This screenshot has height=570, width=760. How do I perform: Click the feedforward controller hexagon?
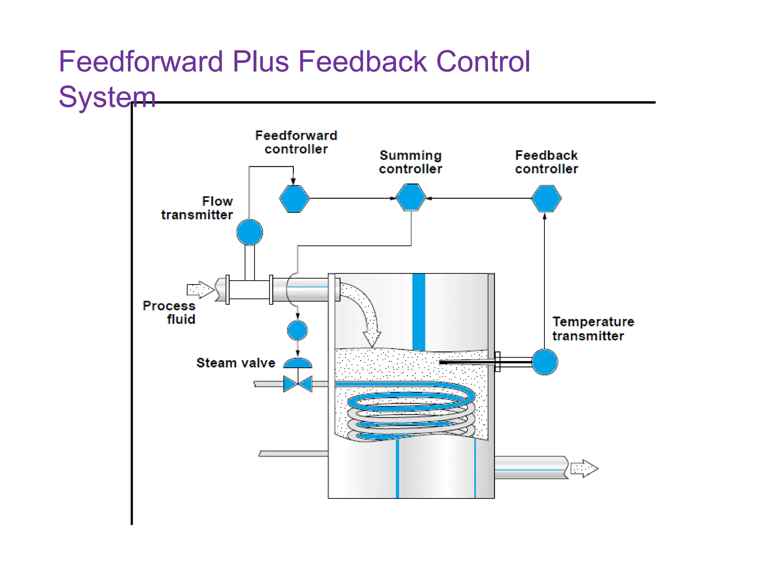click(294, 199)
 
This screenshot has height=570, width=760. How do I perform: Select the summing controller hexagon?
click(411, 198)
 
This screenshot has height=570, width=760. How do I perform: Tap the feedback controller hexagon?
click(546, 199)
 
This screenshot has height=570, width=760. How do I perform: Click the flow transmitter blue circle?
click(249, 232)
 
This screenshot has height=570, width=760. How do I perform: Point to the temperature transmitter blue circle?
click(544, 362)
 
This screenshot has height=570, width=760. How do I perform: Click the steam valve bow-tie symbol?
click(298, 384)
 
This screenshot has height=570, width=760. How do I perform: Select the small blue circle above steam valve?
click(297, 330)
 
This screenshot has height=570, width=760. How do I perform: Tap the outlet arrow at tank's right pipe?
click(584, 468)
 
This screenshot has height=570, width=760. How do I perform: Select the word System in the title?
click(107, 97)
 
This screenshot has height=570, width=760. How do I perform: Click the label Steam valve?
click(236, 363)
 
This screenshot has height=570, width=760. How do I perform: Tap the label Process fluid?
click(170, 312)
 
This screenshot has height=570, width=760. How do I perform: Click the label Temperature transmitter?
click(593, 329)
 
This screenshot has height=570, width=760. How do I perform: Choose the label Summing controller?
click(410, 162)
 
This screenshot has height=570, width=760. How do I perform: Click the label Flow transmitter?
click(197, 208)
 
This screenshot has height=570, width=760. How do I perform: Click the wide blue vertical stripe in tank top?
click(419, 312)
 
